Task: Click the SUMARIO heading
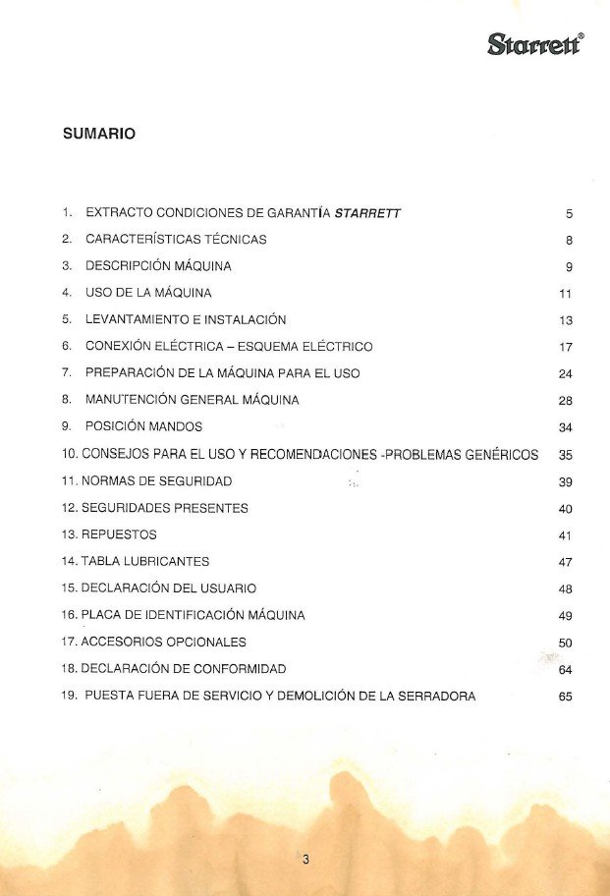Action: [98, 135]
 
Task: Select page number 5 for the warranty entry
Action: [569, 213]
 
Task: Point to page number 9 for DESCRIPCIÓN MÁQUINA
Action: [569, 266]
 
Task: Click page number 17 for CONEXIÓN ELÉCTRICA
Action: [565, 347]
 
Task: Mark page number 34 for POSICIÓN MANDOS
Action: [565, 427]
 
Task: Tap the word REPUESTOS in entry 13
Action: [119, 534]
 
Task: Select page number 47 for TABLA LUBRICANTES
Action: [565, 562]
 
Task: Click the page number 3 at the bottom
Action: [305, 860]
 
